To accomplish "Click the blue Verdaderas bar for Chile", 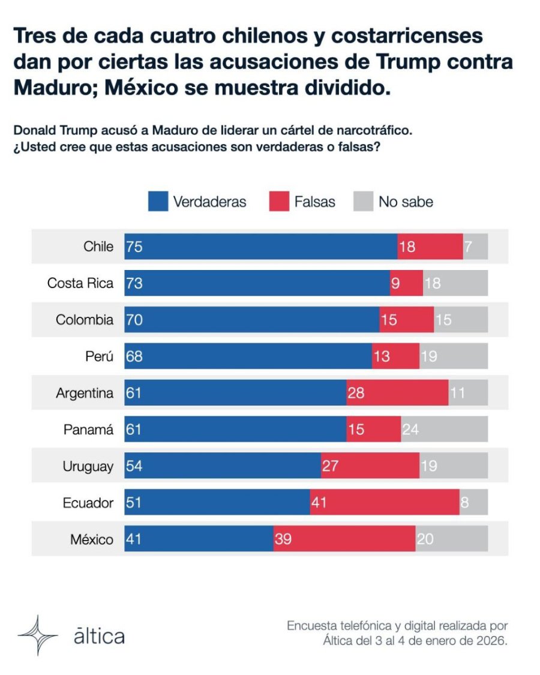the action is (261, 247).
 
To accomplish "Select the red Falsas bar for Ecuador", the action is (385, 502).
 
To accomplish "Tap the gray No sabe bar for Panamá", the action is (445, 429).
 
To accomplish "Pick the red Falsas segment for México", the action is (344, 539).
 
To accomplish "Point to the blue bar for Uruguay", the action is (223, 466).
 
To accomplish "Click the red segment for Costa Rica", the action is (407, 283).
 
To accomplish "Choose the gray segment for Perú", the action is (454, 356).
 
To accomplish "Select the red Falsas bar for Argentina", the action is (397, 392).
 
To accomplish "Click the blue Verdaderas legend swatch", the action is (158, 202).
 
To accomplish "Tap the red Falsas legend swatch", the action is (279, 202).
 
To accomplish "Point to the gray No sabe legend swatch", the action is (363, 202).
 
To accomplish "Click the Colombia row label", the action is (85, 320).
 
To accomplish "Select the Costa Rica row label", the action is (80, 283).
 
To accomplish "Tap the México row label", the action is (92, 539).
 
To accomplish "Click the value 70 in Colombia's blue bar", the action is (134, 320).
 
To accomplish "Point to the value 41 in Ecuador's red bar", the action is (319, 502).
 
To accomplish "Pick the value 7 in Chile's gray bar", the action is (468, 247).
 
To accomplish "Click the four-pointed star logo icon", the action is (38, 635).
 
